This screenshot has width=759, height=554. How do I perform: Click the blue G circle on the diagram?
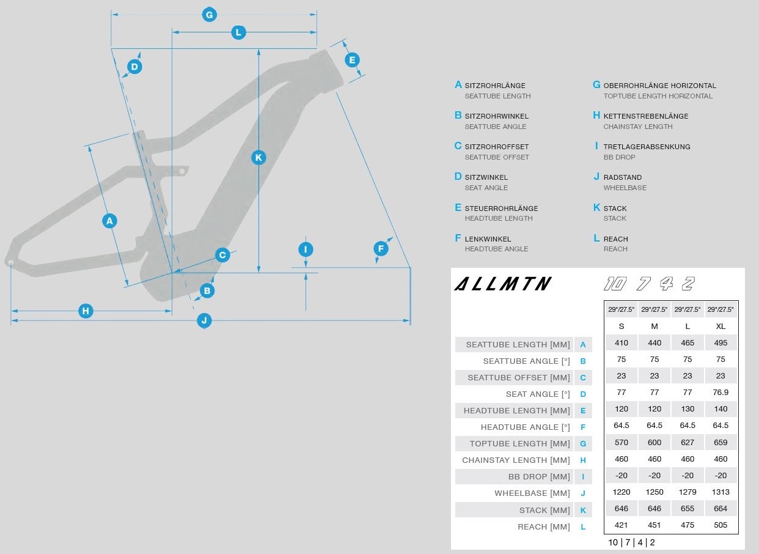210,15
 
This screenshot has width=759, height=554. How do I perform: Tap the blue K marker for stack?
258,157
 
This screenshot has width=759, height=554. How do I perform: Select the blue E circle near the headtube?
352,60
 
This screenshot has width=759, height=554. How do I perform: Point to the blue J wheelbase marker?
204,320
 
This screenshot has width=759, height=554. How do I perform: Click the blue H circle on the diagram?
86,311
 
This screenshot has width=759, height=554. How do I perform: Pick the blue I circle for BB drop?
306,249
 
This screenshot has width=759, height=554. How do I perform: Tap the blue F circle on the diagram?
381,248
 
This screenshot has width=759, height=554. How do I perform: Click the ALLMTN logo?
503,284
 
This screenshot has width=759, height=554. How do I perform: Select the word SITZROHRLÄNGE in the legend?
495,86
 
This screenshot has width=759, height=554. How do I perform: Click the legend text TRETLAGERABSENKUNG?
647,147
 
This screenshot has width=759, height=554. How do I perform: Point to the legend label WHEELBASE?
625,188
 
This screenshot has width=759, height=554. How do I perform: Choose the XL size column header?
721,326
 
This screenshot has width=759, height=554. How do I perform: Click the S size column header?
621,326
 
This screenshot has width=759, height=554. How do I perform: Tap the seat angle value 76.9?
721,393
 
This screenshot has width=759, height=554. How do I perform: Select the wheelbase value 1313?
721,492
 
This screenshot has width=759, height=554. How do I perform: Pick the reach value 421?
621,525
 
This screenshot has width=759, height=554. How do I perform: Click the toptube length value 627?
687,443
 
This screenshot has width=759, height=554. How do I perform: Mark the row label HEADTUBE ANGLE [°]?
525,427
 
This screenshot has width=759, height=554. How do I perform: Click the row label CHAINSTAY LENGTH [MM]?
516,460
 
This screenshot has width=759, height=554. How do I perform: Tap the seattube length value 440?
654,343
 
